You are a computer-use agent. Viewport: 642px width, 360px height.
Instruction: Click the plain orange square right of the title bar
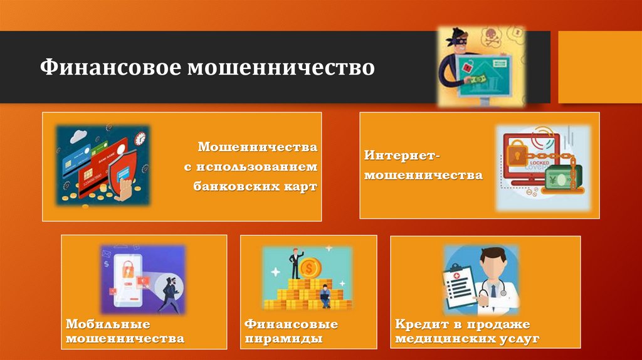tap(599, 66)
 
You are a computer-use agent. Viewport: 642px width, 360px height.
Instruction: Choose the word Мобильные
tap(108, 324)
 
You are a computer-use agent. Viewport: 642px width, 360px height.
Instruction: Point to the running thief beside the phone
tap(169, 292)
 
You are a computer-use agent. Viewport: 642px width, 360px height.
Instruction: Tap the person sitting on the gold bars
tap(324, 295)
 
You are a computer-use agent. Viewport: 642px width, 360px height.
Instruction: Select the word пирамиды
tap(283, 339)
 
